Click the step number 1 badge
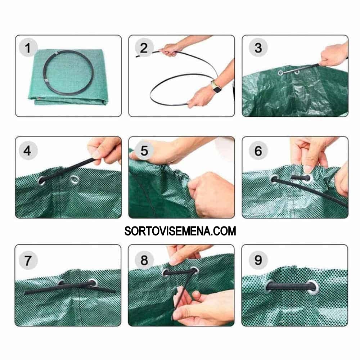pos(28,48)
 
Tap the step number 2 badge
pos(144,48)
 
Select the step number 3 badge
pos(258,48)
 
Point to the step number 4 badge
pos(28,150)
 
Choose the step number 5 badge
pos(144,150)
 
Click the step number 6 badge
pos(258,150)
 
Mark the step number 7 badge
pos(28,260)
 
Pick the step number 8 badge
pos(144,260)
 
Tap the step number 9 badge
pos(258,260)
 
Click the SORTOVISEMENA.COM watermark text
pos(180,231)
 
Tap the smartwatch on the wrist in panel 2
pos(216,87)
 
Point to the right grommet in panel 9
pos(314,287)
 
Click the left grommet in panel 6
pos(274,179)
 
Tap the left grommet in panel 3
pos(280,73)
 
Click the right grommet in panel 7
pos(93,283)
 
